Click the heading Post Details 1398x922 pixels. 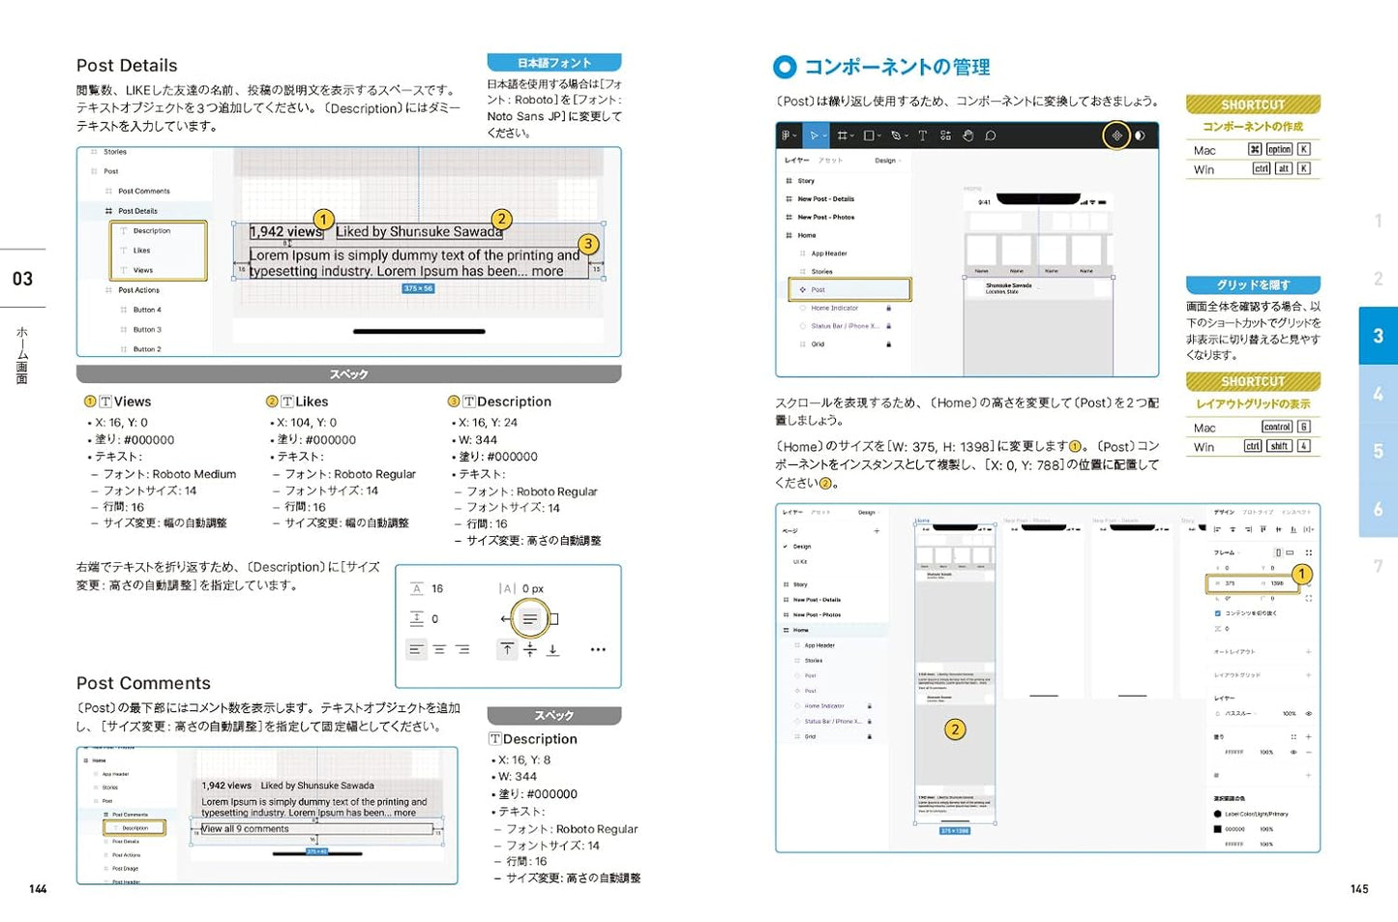click(127, 66)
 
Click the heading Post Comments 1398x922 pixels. click(143, 683)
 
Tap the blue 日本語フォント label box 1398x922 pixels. click(553, 63)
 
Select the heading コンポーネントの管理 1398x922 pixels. click(896, 67)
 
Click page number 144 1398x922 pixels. click(38, 888)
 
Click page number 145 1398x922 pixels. click(1359, 888)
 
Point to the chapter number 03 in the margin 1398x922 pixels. click(22, 279)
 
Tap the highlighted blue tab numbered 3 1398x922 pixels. click(1378, 336)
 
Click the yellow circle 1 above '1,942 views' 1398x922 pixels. click(323, 220)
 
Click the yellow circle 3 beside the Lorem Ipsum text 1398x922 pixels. click(588, 244)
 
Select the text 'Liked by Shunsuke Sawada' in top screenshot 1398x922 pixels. click(419, 232)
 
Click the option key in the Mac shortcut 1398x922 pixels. click(1279, 150)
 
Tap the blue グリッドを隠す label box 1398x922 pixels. click(1253, 285)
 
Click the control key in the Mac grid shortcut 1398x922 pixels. click(1276, 427)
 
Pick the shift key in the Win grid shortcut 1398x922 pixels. click(1279, 446)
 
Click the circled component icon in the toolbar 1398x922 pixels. click(1116, 135)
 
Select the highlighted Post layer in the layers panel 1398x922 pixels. click(849, 289)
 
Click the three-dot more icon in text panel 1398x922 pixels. click(598, 649)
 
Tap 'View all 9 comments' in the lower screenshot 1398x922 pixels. click(246, 829)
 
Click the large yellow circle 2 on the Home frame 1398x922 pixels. click(955, 729)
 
